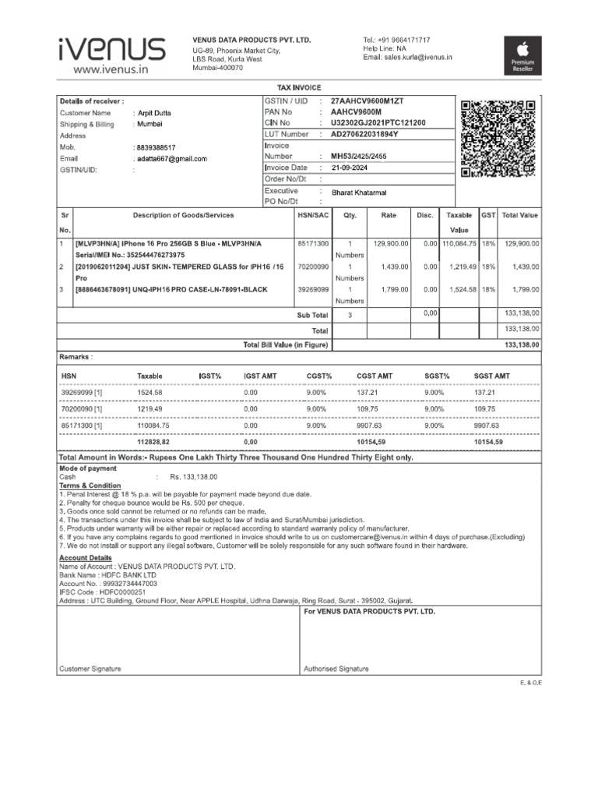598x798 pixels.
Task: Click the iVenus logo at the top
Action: (111, 55)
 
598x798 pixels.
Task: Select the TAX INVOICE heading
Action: (299, 88)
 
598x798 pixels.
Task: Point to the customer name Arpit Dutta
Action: (154, 113)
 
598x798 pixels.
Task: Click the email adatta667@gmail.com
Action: (172, 159)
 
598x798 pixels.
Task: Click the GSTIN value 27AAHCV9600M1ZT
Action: (368, 101)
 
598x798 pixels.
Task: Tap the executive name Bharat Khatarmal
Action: (359, 192)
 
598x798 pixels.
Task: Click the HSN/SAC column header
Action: (313, 215)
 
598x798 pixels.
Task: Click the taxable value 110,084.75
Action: (459, 244)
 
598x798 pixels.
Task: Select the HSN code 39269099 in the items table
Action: (313, 289)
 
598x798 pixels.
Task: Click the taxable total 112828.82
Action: (153, 442)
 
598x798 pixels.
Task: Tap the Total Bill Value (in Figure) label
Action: (286, 344)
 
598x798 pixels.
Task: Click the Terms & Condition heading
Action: (90, 486)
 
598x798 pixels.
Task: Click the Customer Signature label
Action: (90, 669)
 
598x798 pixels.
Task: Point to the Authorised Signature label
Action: (336, 669)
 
